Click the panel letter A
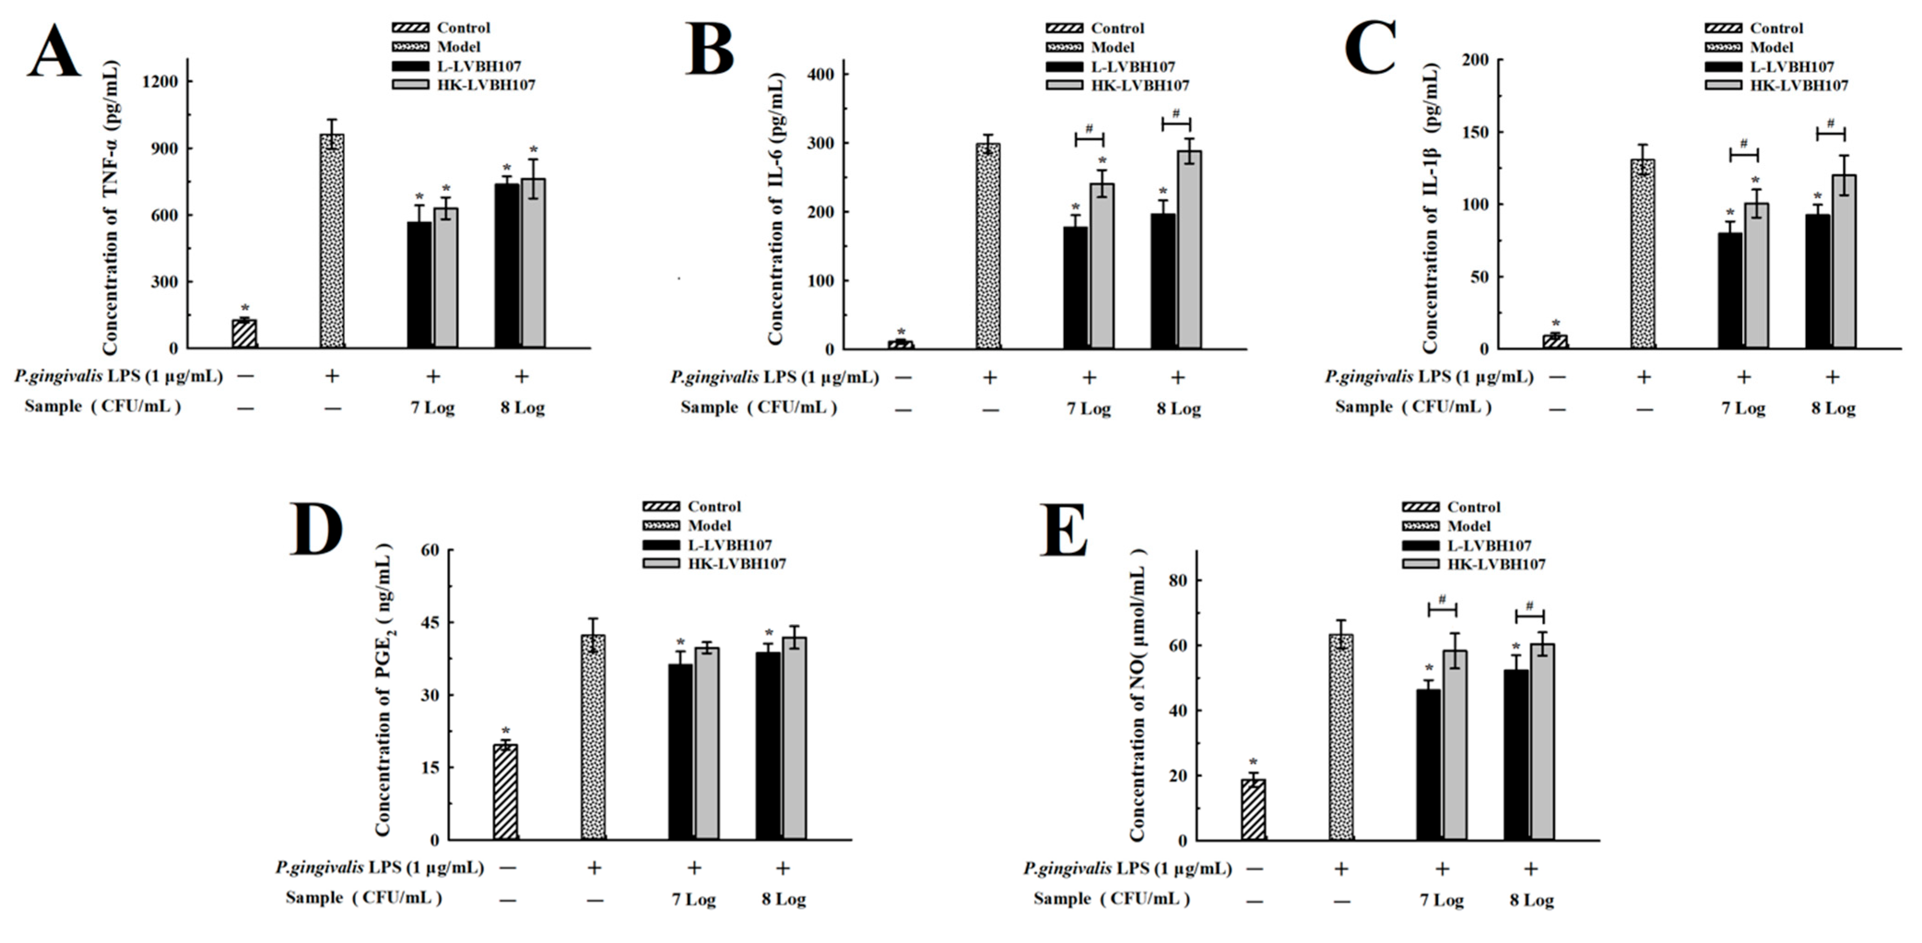pyautogui.click(x=54, y=51)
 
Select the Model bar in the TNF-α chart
pyautogui.click(x=332, y=241)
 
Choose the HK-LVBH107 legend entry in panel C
pyautogui.click(x=1798, y=86)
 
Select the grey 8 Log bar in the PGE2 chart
pyautogui.click(x=794, y=738)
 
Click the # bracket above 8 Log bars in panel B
pyautogui.click(x=1176, y=120)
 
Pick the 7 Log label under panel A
pyautogui.click(x=433, y=408)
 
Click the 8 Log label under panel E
pyautogui.click(x=1532, y=901)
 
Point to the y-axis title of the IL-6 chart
pyautogui.click(x=776, y=209)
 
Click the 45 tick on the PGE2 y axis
pyautogui.click(x=430, y=622)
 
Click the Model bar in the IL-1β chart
pyautogui.click(x=1642, y=253)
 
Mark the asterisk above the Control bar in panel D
pyautogui.click(x=506, y=731)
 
